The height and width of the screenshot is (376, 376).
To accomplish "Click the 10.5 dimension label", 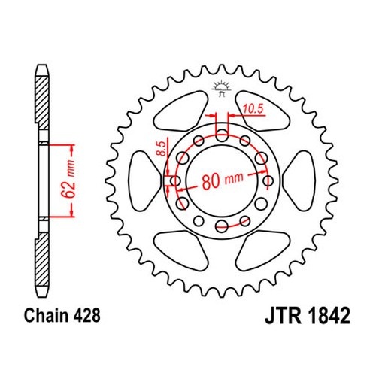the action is tap(253, 109).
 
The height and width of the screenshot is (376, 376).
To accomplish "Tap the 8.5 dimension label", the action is tap(162, 148).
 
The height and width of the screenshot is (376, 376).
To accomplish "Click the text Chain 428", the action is tap(62, 315).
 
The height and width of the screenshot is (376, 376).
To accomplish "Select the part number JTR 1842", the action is tap(308, 316).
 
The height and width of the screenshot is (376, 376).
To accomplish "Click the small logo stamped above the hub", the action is tap(220, 88).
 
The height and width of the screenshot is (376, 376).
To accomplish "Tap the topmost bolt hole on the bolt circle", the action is tap(222, 135).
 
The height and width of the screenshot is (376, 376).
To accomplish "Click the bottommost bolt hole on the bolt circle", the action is tap(222, 226).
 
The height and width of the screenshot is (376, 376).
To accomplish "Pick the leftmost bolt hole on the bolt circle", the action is tap(175, 180).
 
